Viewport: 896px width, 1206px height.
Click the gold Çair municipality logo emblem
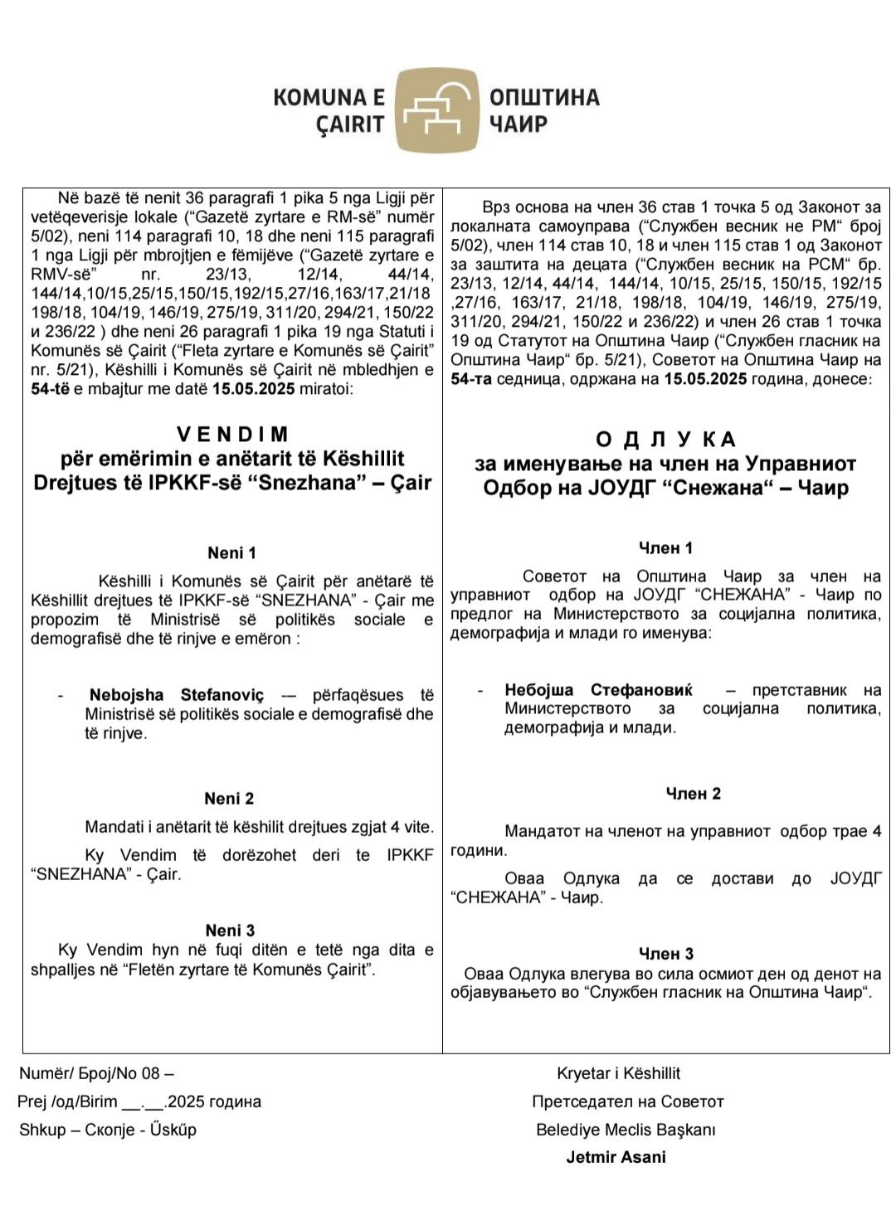click(x=437, y=111)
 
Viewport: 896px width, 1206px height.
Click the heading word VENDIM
click(x=233, y=434)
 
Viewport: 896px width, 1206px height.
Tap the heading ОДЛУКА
click(x=666, y=440)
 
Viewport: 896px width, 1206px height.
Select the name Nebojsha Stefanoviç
click(x=177, y=695)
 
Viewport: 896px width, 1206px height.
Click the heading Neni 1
click(x=231, y=552)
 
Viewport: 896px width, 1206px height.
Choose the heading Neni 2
click(x=229, y=799)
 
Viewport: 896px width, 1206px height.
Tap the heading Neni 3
click(x=230, y=930)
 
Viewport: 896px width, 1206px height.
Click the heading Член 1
click(x=665, y=547)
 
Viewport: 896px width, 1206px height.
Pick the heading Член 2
click(x=693, y=794)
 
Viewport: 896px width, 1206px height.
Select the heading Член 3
click(x=665, y=954)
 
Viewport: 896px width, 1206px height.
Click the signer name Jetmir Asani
click(x=616, y=1157)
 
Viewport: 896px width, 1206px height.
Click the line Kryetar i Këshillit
click(x=618, y=1073)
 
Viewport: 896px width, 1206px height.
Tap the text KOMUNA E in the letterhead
click(x=329, y=98)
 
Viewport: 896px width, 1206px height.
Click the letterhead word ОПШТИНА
click(x=544, y=98)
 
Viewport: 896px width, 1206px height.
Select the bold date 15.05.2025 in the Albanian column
click(x=253, y=389)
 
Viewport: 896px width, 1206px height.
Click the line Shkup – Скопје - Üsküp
click(x=108, y=1130)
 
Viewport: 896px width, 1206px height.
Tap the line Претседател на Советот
click(x=627, y=1101)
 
